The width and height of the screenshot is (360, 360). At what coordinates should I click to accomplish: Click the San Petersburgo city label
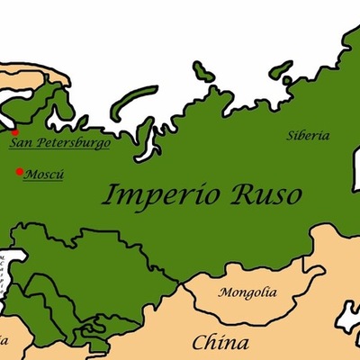tap(58, 142)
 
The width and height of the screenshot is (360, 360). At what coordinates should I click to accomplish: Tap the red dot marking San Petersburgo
tap(14, 133)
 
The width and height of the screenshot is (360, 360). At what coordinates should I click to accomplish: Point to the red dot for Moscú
tap(20, 171)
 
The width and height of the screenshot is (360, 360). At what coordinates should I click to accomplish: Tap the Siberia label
tap(308, 136)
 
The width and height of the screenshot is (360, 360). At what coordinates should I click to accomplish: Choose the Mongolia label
tap(247, 293)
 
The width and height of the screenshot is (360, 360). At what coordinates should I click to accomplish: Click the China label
tap(220, 343)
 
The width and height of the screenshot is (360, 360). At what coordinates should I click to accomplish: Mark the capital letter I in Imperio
tap(106, 193)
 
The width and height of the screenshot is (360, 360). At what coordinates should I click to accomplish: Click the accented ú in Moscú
tap(59, 172)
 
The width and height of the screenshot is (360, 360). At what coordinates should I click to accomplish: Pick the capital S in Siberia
tap(291, 136)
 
